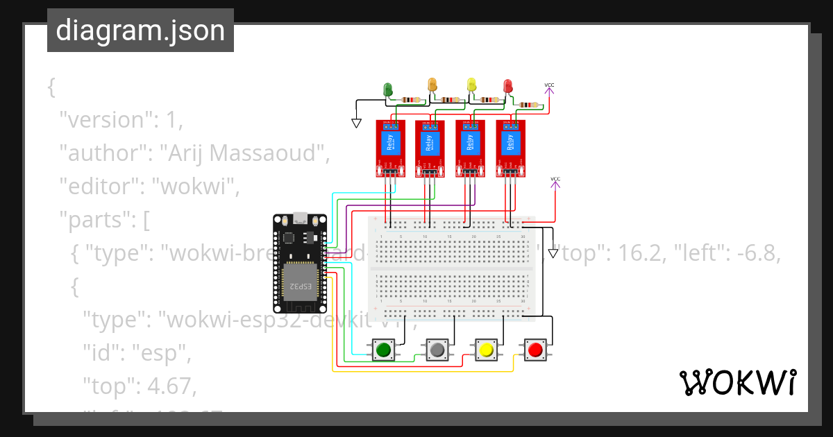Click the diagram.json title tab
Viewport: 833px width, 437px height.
[x=140, y=31]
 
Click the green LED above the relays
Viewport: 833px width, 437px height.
[x=388, y=89]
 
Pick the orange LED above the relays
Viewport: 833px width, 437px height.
[x=432, y=85]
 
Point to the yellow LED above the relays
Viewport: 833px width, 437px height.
[x=472, y=85]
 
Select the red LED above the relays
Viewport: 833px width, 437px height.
[x=508, y=86]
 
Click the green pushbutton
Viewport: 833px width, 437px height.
[x=382, y=350]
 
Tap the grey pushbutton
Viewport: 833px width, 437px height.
[x=437, y=350]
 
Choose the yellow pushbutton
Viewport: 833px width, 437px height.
[x=486, y=350]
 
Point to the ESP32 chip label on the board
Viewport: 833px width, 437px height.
[x=294, y=285]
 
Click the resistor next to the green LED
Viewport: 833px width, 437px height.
[x=411, y=100]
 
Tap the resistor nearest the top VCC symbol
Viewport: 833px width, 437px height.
[x=530, y=105]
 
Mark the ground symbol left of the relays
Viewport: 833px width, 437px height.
[x=357, y=123]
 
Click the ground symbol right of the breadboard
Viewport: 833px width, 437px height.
[x=553, y=253]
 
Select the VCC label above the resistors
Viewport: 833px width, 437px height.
[x=549, y=85]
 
